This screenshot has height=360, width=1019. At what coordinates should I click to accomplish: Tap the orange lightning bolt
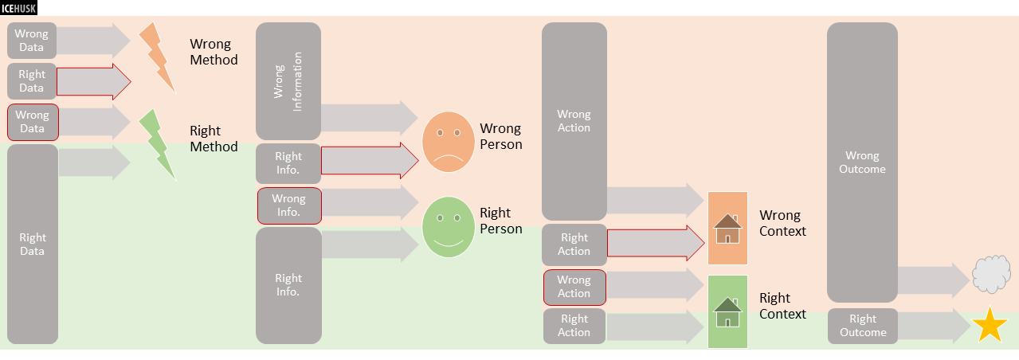tap(157, 57)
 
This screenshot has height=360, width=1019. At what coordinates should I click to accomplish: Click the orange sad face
tap(448, 142)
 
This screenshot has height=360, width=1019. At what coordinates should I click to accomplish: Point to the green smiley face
tap(448, 227)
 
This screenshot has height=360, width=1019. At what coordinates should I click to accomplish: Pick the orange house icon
tap(727, 229)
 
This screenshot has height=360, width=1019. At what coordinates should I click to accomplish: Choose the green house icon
tap(727, 311)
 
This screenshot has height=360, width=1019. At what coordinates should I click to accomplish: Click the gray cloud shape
tap(992, 276)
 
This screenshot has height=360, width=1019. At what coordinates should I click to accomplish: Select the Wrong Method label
tap(214, 52)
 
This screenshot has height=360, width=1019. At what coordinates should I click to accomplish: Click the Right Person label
tap(500, 221)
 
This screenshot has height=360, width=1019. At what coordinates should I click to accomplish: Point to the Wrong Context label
tap(782, 224)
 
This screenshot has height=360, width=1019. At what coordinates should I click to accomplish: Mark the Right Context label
tap(782, 306)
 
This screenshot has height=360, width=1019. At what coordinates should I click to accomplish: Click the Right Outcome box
tap(862, 326)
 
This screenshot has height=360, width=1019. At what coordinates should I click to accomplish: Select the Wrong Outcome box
tap(862, 162)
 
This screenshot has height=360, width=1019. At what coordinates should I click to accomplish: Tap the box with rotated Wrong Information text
tap(288, 81)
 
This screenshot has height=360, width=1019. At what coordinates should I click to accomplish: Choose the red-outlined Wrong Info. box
tap(289, 205)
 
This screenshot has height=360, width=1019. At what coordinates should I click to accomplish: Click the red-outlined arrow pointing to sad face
tap(370, 161)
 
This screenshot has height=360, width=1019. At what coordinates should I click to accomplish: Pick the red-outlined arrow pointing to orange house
tap(656, 243)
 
